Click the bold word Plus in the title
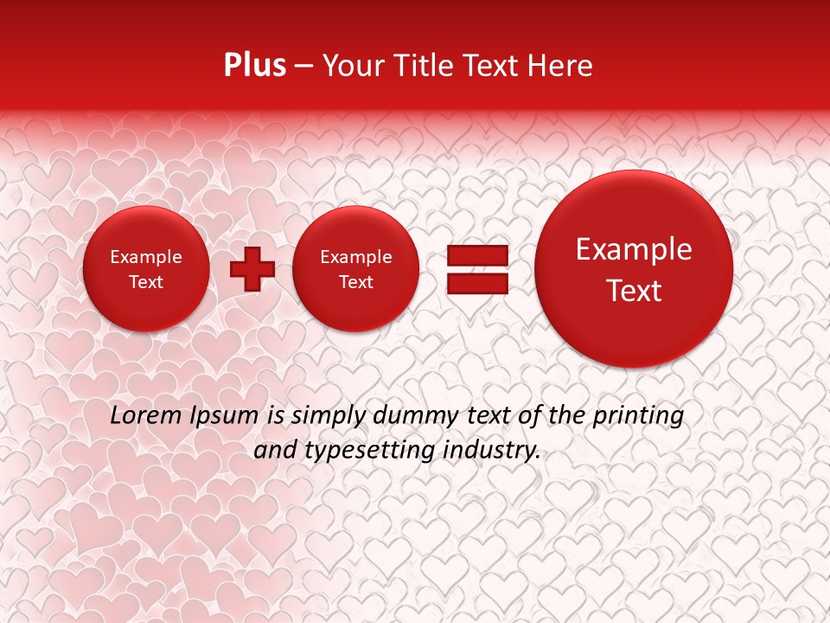254,66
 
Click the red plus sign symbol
252,268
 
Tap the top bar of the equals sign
476,255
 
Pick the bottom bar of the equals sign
476,283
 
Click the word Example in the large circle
634,249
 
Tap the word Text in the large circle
634,291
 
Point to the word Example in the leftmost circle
146,257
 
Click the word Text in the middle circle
355,282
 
